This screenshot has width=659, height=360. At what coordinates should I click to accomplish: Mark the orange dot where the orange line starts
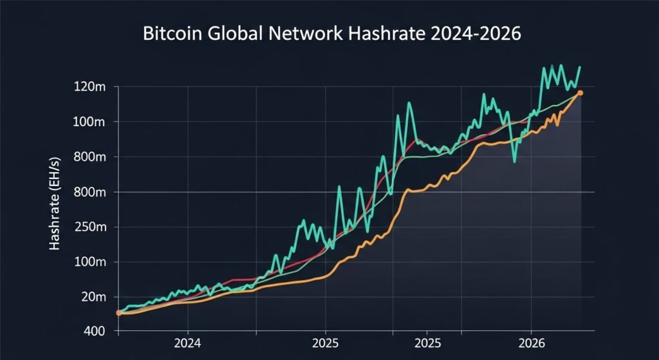(x=119, y=313)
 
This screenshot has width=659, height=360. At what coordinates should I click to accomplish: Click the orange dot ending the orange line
(x=580, y=93)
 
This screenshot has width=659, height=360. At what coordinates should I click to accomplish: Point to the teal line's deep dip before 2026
(x=514, y=160)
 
